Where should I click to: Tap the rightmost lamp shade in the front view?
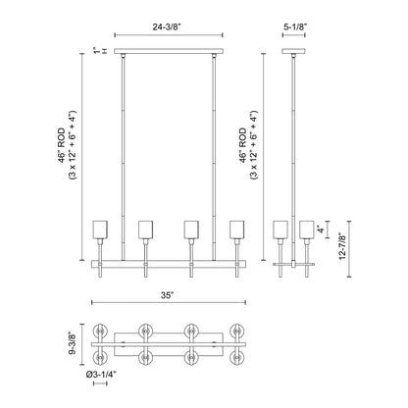point(235,229)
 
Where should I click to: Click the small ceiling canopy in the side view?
point(293,50)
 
